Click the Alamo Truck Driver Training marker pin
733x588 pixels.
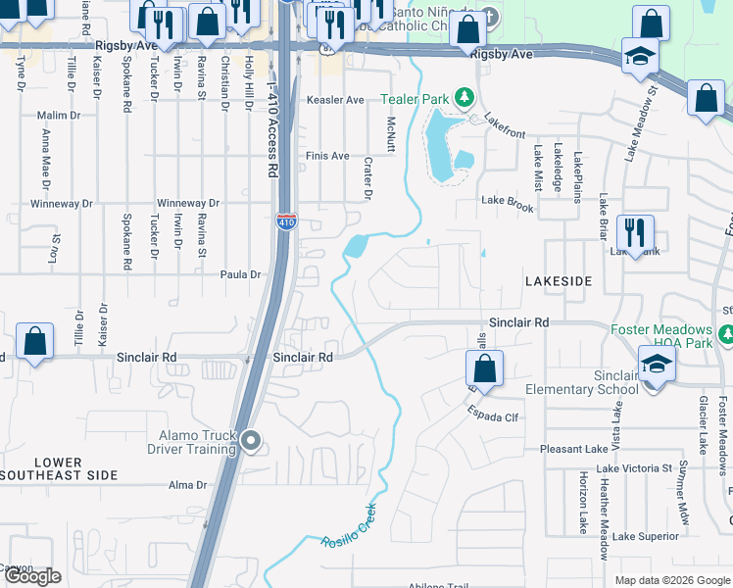[251, 442]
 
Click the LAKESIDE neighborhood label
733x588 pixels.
[559, 281]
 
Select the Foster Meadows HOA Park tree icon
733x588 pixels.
[726, 335]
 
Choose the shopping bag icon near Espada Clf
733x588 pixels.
[484, 369]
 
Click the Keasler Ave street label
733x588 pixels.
[335, 100]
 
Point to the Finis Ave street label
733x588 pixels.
[327, 156]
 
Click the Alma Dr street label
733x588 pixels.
[188, 485]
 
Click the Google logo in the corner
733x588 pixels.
[32, 576]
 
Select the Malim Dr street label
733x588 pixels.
[59, 116]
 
